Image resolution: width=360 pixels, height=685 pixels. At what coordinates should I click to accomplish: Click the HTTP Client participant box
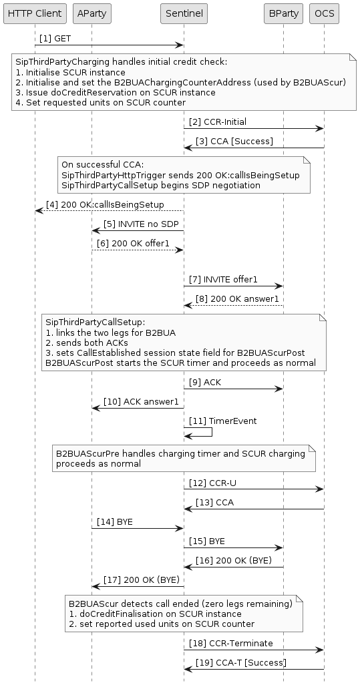tap(35, 13)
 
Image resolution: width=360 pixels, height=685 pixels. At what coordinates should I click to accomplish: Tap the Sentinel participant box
tap(184, 13)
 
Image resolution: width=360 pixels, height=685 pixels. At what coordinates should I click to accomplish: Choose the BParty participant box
tap(283, 13)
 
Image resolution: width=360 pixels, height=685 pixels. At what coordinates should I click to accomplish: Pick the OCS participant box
tap(324, 13)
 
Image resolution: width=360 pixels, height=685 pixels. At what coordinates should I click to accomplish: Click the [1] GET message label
tap(55, 39)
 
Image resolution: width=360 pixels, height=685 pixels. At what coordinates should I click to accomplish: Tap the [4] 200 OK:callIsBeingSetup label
tap(105, 204)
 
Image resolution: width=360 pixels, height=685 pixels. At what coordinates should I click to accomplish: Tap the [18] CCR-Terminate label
tap(222, 642)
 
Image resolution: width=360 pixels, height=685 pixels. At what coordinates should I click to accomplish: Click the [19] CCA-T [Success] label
tap(240, 662)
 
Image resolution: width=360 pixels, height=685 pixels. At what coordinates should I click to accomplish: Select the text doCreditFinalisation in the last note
tap(118, 614)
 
